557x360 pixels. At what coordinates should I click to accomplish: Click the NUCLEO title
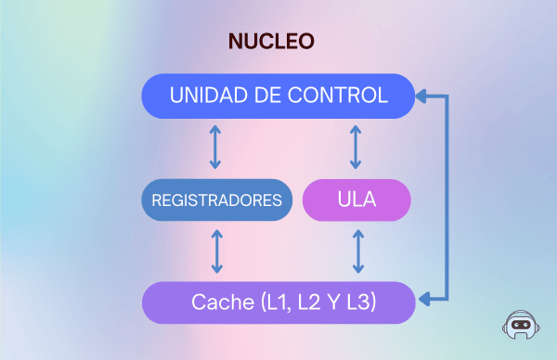[271, 41]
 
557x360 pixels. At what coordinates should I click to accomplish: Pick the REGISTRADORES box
[216, 199]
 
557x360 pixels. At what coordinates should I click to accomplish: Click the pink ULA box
[356, 199]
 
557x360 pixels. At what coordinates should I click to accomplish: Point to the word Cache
[221, 302]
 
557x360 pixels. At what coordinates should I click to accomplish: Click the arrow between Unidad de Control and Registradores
[215, 147]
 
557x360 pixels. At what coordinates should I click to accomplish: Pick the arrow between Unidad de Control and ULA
[356, 147]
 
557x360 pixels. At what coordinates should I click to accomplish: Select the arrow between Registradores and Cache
[217, 251]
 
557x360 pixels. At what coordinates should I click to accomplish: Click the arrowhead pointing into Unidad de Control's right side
[422, 95]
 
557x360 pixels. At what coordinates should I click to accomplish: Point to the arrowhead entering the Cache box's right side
[422, 300]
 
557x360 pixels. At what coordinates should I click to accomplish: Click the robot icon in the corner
[521, 327]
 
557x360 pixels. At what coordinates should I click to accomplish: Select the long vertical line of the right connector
[447, 197]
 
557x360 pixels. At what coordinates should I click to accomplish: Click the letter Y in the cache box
[338, 302]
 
